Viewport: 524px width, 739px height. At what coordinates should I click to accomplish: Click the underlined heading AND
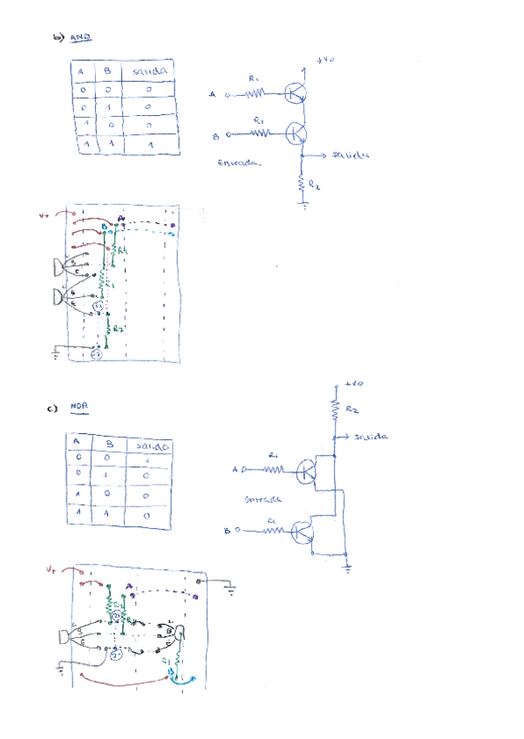coord(81,37)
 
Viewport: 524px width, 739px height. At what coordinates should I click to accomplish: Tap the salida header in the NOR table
coord(149,445)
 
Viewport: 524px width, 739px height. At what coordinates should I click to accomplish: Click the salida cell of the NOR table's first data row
coord(148,460)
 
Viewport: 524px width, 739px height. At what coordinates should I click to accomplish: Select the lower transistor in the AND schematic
coord(296,133)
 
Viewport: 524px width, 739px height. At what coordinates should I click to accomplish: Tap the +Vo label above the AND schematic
coord(325,60)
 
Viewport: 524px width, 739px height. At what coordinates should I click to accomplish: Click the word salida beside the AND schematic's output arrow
coord(350,155)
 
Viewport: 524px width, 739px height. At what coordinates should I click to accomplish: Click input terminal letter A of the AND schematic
coord(213,94)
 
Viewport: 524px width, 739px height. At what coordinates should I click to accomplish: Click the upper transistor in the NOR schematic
coord(307,472)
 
